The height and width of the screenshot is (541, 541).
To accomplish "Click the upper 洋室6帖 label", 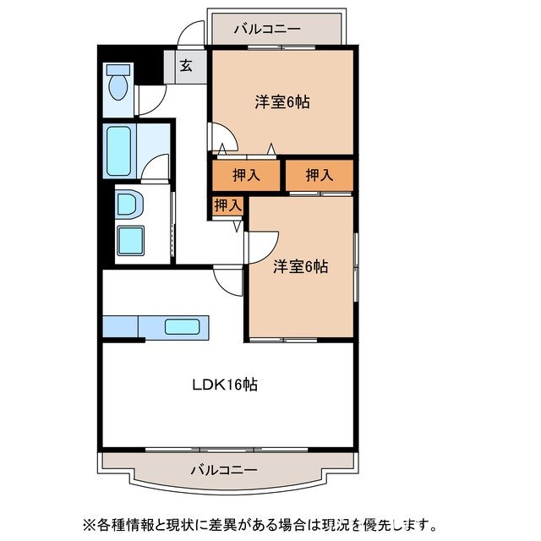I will [x=282, y=102].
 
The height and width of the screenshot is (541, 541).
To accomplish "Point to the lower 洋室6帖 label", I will [x=300, y=266].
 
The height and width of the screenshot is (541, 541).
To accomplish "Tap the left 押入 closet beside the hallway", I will [x=245, y=176].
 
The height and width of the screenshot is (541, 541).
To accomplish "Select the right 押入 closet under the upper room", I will [x=319, y=176].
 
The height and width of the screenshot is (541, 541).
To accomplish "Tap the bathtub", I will [x=117, y=151].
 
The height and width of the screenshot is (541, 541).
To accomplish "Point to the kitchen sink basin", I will [x=181, y=327].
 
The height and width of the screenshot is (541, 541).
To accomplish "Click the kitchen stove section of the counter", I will [x=119, y=326].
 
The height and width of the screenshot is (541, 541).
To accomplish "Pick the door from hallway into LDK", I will [x=228, y=278].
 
